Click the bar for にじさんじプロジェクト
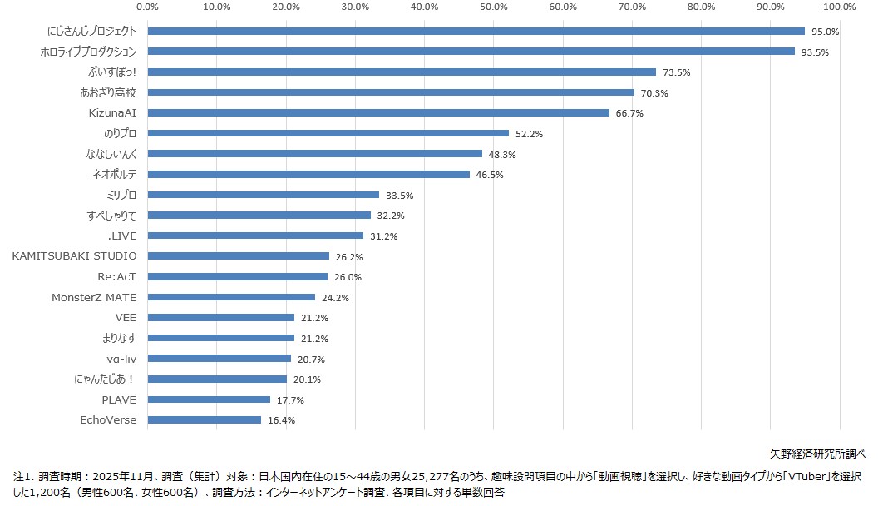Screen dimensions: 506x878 pyautogui.click(x=476, y=32)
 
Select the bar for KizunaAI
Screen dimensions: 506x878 pyautogui.click(x=378, y=113)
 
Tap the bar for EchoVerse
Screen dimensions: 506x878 pyautogui.click(x=205, y=420)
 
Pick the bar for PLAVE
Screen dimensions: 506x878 pyautogui.click(x=209, y=399)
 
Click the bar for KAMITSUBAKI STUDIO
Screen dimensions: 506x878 pyautogui.click(x=239, y=256)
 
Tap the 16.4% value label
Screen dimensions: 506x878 pyautogui.click(x=281, y=420)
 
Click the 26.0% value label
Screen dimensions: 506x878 pyautogui.click(x=348, y=277)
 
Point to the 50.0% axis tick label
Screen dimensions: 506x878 pyautogui.click(x=494, y=7)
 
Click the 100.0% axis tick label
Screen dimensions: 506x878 pyautogui.click(x=838, y=7)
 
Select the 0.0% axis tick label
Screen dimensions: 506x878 pyautogui.click(x=148, y=7)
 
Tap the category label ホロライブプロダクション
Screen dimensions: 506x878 pyautogui.click(x=88, y=52)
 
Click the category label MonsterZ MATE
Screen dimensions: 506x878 pyautogui.click(x=94, y=297)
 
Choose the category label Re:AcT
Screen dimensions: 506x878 pyautogui.click(x=116, y=276)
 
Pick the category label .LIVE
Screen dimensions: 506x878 pyautogui.click(x=122, y=236)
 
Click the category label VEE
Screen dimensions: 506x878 pyautogui.click(x=126, y=317)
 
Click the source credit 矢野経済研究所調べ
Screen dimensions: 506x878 pyautogui.click(x=818, y=454)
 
